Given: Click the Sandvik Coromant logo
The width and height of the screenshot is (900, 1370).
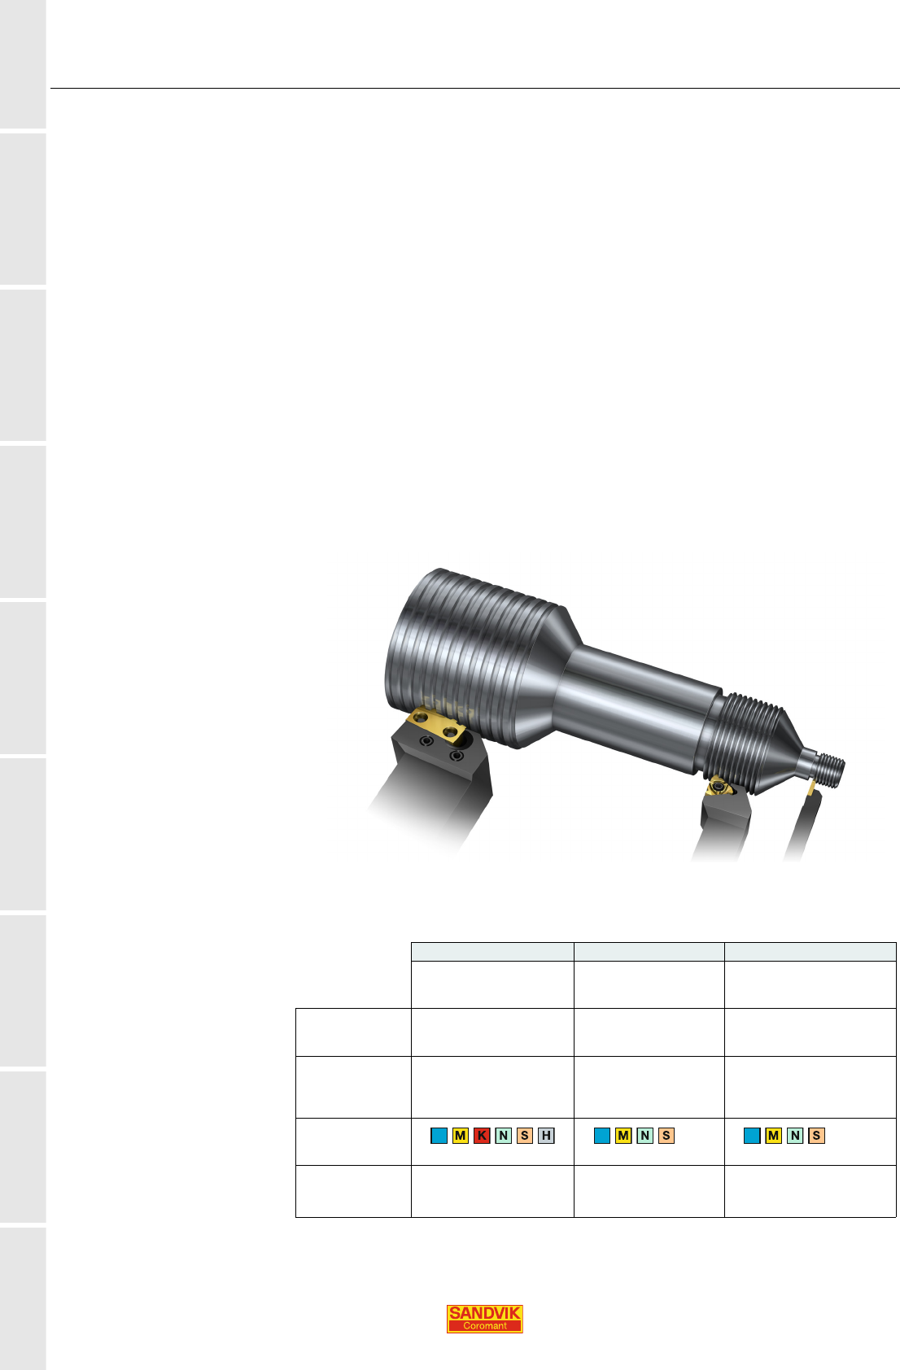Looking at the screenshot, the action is click(484, 1319).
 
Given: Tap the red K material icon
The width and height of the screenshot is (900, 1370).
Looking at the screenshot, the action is click(482, 1136).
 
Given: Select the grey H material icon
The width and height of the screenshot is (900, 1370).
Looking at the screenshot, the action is click(546, 1136).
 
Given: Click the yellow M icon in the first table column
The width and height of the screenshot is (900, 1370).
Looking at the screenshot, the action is click(460, 1136).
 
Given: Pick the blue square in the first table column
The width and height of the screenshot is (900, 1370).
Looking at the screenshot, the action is click(439, 1136).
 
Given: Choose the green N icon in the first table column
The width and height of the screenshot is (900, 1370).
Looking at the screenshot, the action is click(503, 1136).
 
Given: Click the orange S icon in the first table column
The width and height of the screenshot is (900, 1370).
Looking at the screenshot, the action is click(524, 1136).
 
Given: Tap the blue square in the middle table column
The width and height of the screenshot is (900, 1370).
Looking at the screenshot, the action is click(602, 1136).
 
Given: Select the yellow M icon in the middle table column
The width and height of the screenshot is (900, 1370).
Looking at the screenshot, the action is click(623, 1136).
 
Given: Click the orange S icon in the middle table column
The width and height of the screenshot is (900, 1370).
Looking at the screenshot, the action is click(666, 1136).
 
